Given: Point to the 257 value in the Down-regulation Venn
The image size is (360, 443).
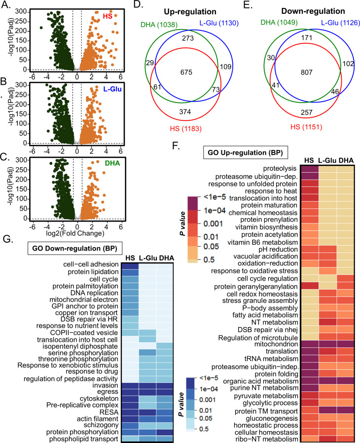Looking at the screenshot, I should [294, 111].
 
